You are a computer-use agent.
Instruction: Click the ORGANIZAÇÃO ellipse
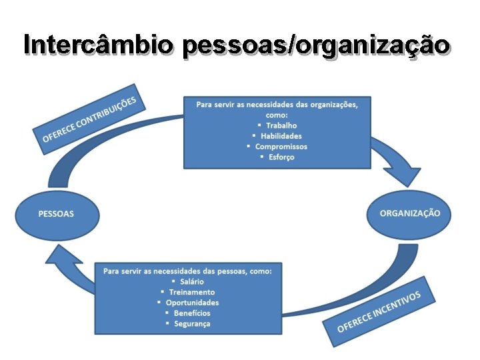tap(409, 213)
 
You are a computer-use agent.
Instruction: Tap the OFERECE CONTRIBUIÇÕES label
tap(89, 119)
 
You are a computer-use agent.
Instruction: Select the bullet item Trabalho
tap(281, 125)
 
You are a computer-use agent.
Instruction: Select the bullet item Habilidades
tap(281, 136)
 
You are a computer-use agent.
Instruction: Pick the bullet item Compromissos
tap(281, 147)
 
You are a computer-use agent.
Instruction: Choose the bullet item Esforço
tap(281, 157)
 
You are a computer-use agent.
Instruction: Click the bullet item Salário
tap(192, 281)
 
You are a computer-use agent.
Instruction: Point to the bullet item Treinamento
tap(192, 292)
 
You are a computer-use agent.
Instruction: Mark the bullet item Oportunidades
tap(192, 303)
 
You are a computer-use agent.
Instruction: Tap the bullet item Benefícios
tap(192, 313)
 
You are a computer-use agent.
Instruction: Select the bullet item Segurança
tap(192, 324)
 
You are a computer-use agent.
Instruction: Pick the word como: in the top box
tap(277, 115)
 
